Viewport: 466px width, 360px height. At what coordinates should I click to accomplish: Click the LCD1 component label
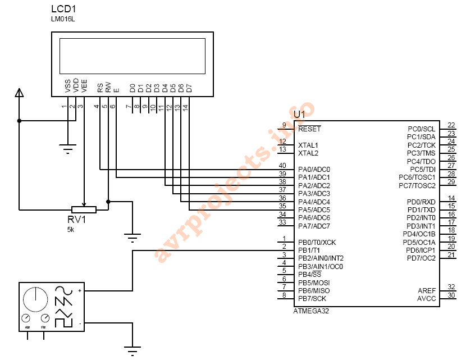coord(63,10)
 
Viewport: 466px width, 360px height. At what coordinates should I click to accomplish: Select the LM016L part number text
coord(63,20)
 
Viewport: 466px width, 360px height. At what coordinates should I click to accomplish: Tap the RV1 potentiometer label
coord(77,220)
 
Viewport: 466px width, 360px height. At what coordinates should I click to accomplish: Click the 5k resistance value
coord(71,229)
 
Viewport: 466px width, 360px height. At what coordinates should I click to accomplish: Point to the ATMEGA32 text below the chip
coord(311,311)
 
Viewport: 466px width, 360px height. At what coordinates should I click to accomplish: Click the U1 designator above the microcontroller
coord(300,115)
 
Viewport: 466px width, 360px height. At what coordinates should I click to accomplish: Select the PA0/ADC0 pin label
coord(314,169)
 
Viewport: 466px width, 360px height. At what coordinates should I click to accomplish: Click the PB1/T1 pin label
coord(309,250)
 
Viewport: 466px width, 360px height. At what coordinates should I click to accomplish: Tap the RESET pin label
coord(309,129)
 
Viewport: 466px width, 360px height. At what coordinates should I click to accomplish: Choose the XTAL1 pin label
coord(308,145)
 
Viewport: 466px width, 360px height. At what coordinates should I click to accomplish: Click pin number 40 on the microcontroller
coord(282,166)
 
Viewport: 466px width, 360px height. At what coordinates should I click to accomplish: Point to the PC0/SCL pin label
coord(421,129)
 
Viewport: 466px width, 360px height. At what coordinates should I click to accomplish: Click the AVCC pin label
coord(426,299)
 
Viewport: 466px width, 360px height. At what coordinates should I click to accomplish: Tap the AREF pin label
coord(427,290)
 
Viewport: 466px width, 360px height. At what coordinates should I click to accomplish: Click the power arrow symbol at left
coord(19,93)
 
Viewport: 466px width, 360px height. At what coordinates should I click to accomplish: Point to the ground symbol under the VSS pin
coord(68,149)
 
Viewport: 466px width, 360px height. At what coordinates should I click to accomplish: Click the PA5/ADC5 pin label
coord(314,209)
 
